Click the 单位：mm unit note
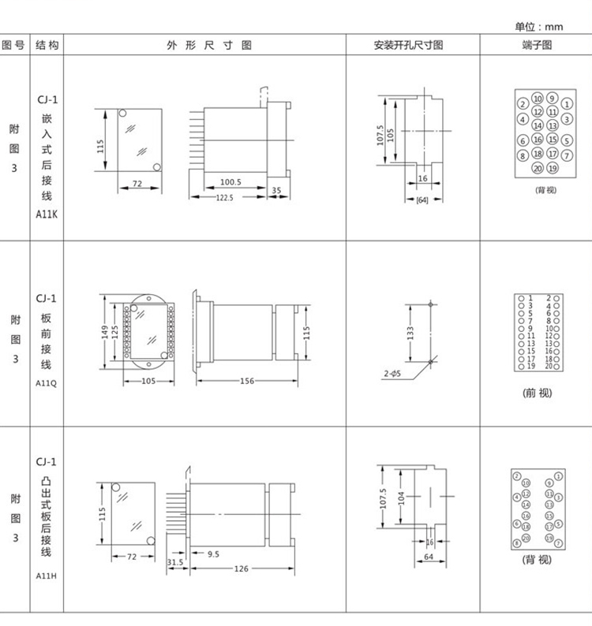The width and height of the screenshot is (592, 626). click(538, 27)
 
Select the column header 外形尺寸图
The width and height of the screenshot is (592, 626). click(209, 45)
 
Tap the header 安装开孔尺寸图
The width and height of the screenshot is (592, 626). click(408, 45)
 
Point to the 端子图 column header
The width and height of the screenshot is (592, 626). click(537, 45)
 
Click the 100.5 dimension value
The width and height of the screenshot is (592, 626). click(230, 182)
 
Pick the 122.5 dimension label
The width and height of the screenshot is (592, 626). click(224, 198)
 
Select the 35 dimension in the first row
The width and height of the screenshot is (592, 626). click(276, 191)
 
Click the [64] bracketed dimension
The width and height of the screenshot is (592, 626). click(422, 200)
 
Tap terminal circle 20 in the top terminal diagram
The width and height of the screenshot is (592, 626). click(538, 169)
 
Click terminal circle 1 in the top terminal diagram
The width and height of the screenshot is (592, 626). click(567, 104)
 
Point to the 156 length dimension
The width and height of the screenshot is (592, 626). click(247, 381)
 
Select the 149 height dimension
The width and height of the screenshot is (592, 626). click(105, 332)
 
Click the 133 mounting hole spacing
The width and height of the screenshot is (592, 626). click(410, 333)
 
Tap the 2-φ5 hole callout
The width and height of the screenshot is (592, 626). click(392, 374)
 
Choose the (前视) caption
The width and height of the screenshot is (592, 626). click(537, 393)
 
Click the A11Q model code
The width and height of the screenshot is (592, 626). click(46, 383)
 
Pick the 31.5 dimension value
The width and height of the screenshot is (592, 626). click(174, 562)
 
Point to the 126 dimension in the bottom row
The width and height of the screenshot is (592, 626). click(241, 568)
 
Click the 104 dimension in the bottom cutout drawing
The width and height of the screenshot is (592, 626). click(401, 497)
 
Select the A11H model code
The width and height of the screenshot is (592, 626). click(46, 576)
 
